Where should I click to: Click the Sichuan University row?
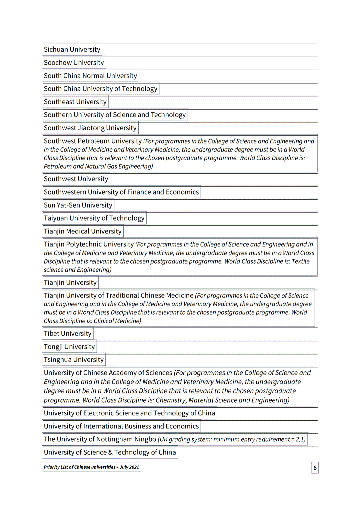click(x=72, y=50)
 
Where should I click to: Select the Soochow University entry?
click(x=74, y=63)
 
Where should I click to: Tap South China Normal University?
click(x=90, y=76)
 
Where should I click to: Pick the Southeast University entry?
click(x=75, y=102)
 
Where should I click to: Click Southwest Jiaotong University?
click(x=90, y=128)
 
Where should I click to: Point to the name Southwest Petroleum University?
click(x=93, y=141)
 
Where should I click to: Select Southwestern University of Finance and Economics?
click(x=121, y=192)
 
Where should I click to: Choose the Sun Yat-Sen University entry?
click(x=78, y=205)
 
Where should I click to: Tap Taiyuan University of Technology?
click(x=94, y=218)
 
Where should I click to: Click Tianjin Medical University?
click(x=83, y=231)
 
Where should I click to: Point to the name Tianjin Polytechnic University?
click(x=89, y=245)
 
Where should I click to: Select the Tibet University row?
click(x=67, y=334)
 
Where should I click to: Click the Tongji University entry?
click(x=69, y=347)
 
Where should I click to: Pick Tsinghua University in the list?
click(x=74, y=360)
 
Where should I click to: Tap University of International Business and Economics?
click(x=121, y=426)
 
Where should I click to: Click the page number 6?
click(x=315, y=468)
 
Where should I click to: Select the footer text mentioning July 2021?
click(x=91, y=467)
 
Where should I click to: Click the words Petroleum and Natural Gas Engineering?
click(x=98, y=166)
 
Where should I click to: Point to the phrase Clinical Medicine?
click(x=117, y=321)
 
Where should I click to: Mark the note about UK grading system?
click(x=232, y=439)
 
